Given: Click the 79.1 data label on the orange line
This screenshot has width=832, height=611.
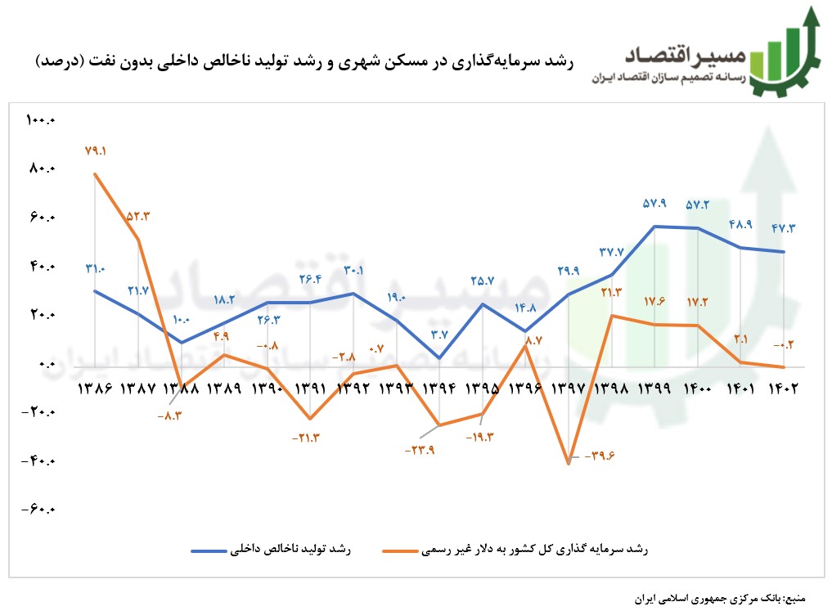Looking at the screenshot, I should tap(96, 151).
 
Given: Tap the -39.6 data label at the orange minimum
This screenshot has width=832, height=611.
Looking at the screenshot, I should tap(600, 456).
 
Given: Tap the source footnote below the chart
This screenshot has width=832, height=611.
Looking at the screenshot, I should tap(719, 598).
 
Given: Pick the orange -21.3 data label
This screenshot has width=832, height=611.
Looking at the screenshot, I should tap(305, 438).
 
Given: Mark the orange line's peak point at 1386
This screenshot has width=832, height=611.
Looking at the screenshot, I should tap(96, 173).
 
